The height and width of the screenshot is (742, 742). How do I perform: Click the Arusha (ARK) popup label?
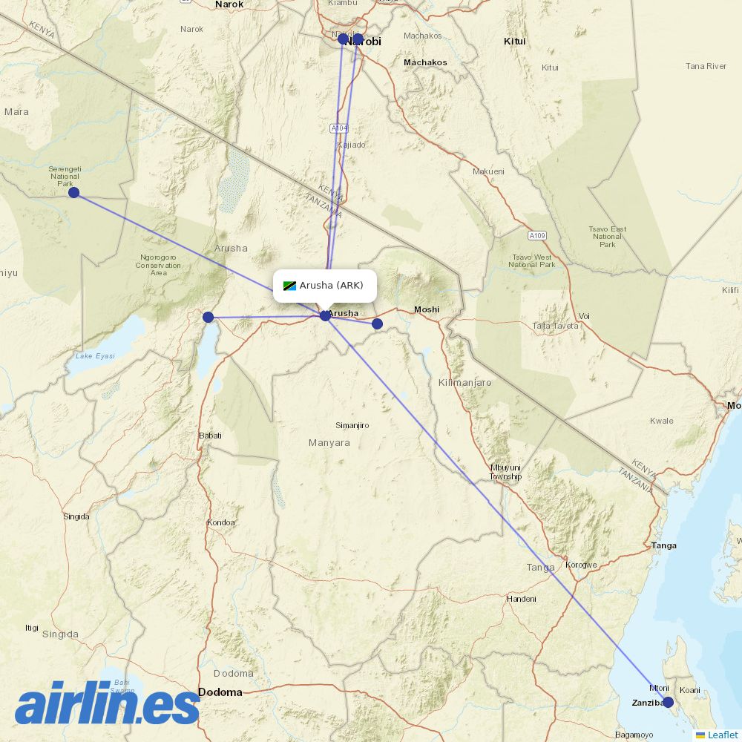(x=331, y=286)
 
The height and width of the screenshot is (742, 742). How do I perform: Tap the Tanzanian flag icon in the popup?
(x=289, y=286)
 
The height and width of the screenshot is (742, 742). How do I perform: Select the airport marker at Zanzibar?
(x=668, y=702)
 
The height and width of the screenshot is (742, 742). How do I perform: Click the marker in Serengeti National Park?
(x=73, y=192)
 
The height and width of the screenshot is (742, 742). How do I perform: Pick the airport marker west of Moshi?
(x=377, y=324)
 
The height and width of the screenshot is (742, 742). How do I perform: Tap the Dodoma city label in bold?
(x=220, y=692)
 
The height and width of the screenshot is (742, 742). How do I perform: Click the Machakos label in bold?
(x=425, y=62)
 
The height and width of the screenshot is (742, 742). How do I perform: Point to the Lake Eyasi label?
(x=95, y=356)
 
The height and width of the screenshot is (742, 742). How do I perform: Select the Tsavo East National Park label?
(x=608, y=237)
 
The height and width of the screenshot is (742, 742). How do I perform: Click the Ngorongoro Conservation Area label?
(x=158, y=265)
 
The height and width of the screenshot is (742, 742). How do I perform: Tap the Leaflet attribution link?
(x=722, y=735)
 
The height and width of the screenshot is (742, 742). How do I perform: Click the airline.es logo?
(x=108, y=703)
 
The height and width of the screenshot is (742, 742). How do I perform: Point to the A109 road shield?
(x=538, y=236)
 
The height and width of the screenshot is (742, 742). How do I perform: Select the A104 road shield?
(x=339, y=128)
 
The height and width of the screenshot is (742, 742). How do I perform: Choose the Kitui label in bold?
(x=514, y=42)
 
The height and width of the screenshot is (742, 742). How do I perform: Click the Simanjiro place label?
(x=352, y=425)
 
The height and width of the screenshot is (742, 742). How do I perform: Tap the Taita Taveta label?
(x=554, y=326)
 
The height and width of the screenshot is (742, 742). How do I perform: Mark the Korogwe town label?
(x=581, y=565)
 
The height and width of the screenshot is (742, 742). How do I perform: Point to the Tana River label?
(x=706, y=66)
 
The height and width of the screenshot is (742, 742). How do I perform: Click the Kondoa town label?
(x=221, y=522)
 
